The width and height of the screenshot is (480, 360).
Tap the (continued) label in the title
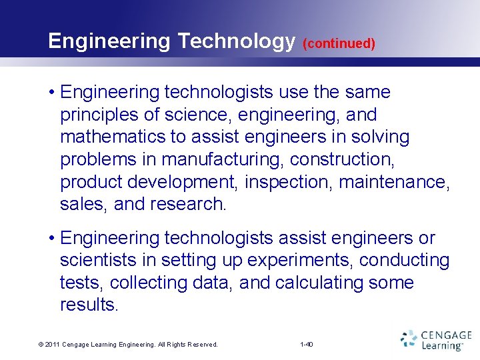[x=339, y=44]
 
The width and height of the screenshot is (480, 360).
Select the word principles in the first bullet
[x=100, y=115]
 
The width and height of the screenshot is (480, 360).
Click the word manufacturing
[x=233, y=159]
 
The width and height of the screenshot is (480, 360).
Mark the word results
[x=89, y=305]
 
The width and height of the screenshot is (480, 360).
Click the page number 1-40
[x=307, y=345]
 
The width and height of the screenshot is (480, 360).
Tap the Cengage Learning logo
[x=436, y=340]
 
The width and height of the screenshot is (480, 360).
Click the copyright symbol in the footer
[x=41, y=345]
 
